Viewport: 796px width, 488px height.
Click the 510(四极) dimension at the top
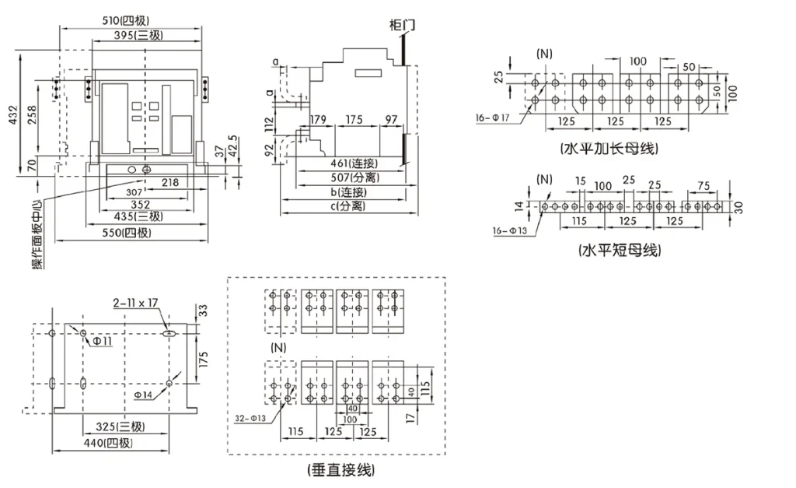click(126, 20)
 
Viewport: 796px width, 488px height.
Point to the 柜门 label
click(402, 25)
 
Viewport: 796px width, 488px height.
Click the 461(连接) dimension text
click(354, 163)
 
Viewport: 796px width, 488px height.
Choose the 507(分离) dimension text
click(354, 177)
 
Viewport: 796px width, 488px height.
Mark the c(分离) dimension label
click(348, 206)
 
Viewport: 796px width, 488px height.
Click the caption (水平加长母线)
click(609, 149)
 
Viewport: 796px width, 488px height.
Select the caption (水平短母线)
click(620, 250)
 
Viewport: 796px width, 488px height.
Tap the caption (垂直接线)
click(340, 470)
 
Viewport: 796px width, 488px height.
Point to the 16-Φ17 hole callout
click(492, 118)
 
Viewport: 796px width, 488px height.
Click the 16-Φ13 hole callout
click(510, 231)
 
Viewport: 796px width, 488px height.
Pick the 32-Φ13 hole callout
click(250, 419)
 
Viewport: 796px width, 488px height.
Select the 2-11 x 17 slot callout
click(135, 303)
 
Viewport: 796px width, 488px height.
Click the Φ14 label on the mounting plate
click(143, 395)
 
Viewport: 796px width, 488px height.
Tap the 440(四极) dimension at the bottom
click(108, 443)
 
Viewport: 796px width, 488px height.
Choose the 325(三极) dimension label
click(120, 427)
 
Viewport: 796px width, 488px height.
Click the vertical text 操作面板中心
click(38, 233)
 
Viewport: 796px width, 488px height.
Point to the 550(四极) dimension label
click(127, 233)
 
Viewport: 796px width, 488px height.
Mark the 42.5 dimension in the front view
click(232, 146)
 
